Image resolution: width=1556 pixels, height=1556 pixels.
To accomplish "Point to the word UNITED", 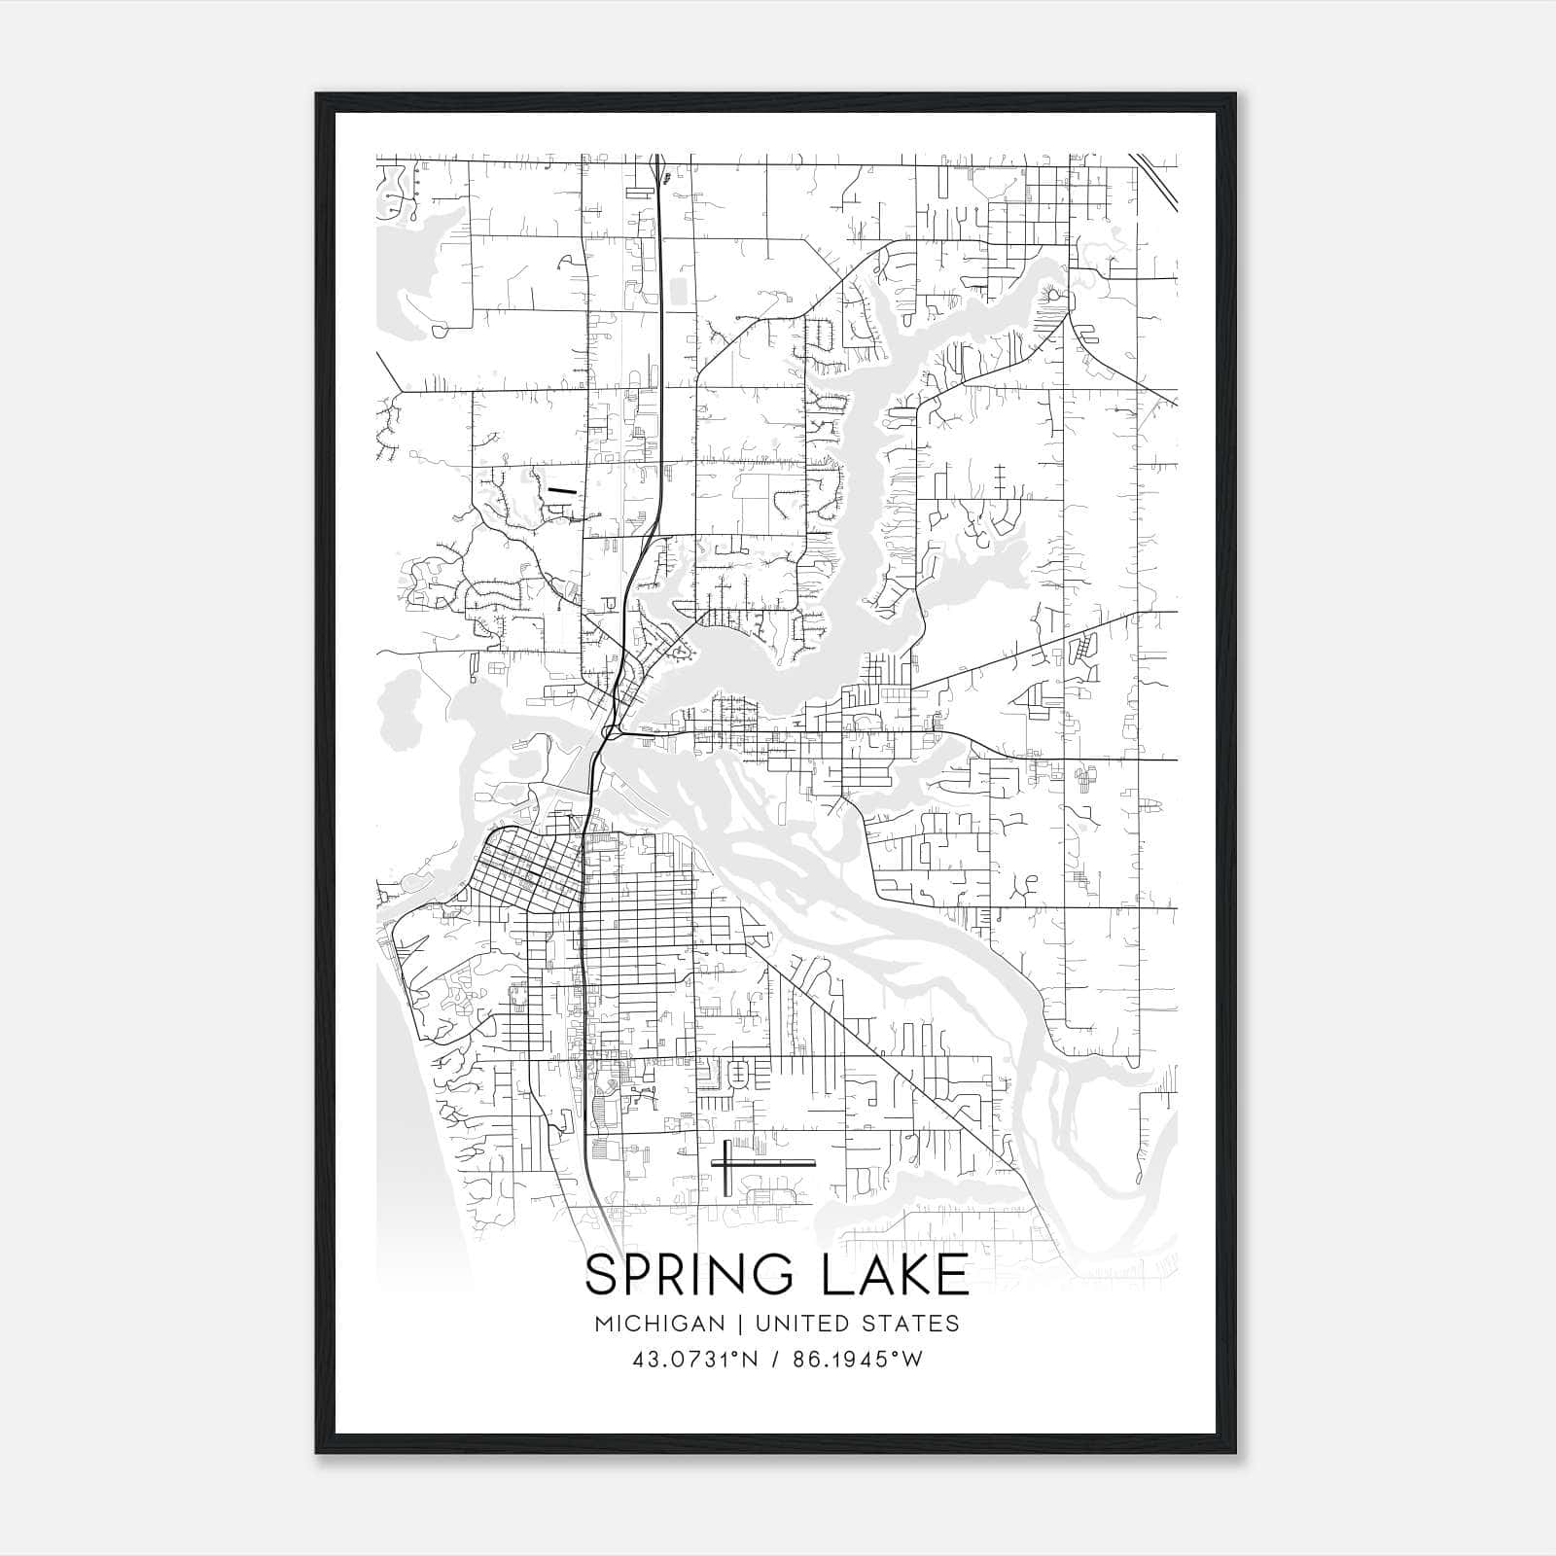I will click(796, 1324).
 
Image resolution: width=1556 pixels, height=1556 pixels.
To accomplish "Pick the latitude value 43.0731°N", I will click(694, 1360).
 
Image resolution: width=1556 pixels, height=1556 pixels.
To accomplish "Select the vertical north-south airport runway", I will click(726, 1166).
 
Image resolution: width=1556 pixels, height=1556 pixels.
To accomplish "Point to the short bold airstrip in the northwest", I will click(560, 492).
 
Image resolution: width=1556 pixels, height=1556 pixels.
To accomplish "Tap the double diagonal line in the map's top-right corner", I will click(1155, 178).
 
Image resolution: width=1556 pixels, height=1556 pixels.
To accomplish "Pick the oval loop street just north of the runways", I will click(738, 1076).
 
